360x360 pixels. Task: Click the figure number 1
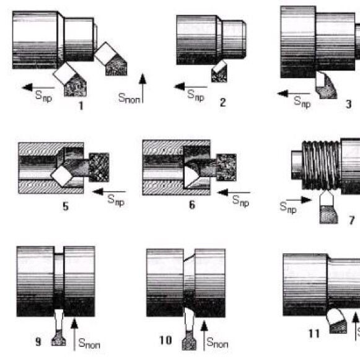click(81, 106)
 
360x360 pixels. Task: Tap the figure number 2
click(222, 102)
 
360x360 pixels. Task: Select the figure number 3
click(348, 104)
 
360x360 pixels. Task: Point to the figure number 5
click(66, 206)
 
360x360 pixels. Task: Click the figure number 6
click(192, 205)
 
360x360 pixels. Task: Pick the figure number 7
click(352, 220)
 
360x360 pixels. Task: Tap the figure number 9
click(38, 341)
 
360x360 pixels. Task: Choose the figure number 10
click(165, 340)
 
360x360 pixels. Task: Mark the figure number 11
click(314, 333)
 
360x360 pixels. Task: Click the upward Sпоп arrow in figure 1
click(143, 88)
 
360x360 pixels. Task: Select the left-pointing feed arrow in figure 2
click(191, 87)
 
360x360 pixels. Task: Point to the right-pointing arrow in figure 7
click(299, 200)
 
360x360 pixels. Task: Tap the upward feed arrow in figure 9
click(74, 335)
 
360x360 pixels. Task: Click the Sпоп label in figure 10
click(217, 343)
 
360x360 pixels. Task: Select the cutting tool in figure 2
click(219, 71)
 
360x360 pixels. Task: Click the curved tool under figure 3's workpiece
click(326, 85)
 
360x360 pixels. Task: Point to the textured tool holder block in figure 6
click(226, 167)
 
